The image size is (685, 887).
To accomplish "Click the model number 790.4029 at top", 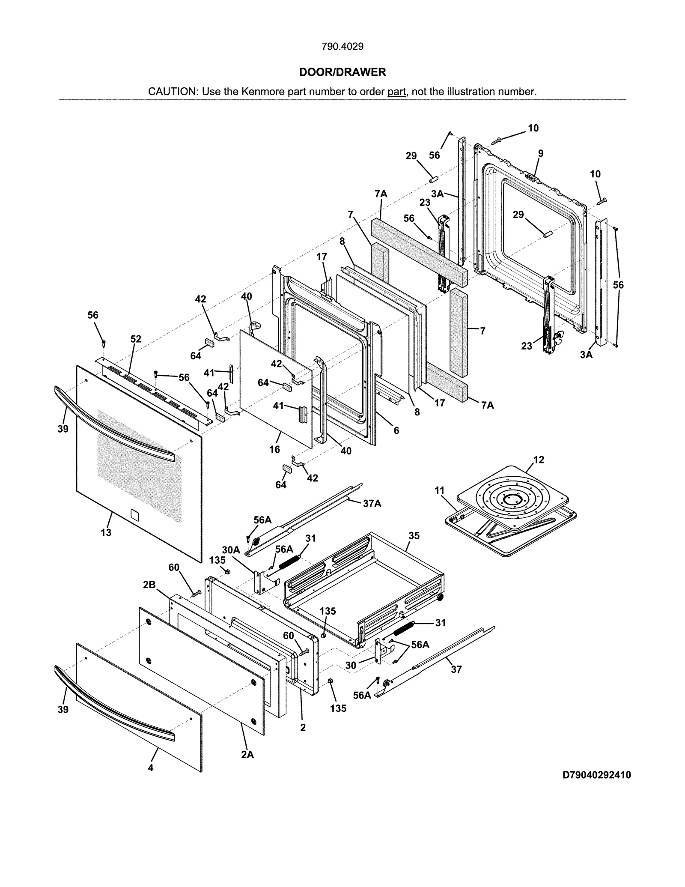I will tap(342, 47).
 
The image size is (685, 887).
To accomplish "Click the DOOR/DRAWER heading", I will tap(342, 72).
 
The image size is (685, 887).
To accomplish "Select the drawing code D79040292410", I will tap(596, 775).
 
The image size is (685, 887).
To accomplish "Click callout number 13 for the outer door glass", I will tap(106, 532).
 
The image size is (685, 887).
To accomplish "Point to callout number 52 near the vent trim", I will tap(136, 339).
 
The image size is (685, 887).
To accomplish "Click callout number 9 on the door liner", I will tap(541, 153).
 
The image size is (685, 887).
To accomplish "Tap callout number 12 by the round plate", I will tap(539, 460).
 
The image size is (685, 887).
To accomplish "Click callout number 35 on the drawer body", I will tap(414, 536).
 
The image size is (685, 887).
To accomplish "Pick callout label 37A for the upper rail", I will tap(372, 504).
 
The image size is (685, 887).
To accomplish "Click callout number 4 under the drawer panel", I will tap(151, 768).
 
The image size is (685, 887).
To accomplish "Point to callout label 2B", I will tap(149, 585).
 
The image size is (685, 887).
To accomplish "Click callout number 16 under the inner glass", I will tap(274, 449).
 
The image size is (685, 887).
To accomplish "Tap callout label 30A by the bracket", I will tap(231, 550).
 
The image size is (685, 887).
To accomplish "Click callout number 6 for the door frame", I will tap(396, 430).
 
